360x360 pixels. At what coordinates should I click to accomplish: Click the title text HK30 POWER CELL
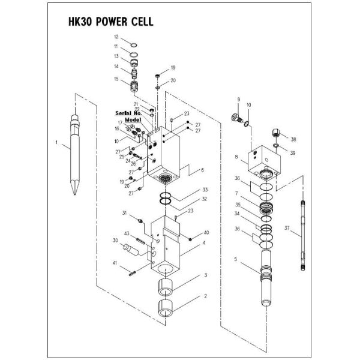point(110,22)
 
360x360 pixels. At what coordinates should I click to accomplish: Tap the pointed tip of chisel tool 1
point(75,194)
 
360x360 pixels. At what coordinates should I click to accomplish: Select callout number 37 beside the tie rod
point(287,228)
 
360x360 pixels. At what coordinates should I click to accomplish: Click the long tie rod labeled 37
point(303,235)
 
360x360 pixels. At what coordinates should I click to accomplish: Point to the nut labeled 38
point(276,133)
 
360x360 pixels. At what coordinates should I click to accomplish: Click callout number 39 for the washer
point(293,153)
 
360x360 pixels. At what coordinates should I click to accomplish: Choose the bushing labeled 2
point(165,308)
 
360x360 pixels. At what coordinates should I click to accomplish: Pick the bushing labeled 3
point(165,287)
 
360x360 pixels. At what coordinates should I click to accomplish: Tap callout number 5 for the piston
point(236,259)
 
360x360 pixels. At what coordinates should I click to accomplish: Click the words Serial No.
point(128,113)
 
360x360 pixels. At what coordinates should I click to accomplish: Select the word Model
point(133,120)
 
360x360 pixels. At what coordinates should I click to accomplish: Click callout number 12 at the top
point(116,37)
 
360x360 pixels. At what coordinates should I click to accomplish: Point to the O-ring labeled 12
point(134,45)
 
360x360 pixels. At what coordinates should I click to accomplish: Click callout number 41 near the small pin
point(115,263)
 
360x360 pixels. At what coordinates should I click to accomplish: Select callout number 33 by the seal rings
point(205,190)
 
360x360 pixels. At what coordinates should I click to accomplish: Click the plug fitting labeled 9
point(236,118)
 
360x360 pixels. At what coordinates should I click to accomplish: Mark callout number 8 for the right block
point(236,157)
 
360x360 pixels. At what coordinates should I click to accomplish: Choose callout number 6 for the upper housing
point(202,170)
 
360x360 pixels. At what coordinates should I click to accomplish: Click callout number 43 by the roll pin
point(127,233)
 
